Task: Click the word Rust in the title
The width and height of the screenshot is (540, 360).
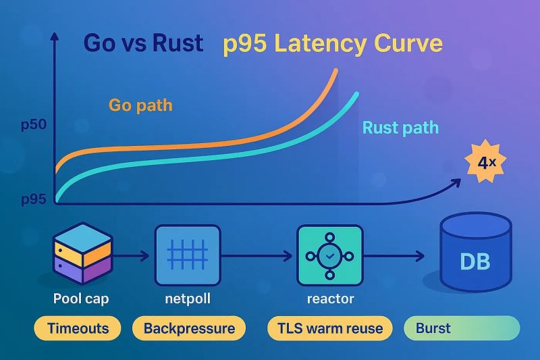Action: coord(169,43)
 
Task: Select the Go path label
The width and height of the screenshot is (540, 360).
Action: coord(140,105)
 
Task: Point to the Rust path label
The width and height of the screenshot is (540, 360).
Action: coord(400,128)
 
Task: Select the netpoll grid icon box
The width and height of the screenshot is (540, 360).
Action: coord(188,257)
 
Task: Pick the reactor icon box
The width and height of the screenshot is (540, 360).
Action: coord(329,257)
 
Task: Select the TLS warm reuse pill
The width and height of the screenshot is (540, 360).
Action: coord(329,329)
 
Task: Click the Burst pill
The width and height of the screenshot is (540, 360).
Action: coord(462,329)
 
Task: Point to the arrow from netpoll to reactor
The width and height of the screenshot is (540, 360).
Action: coord(259,257)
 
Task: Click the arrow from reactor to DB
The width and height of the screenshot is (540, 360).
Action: coord(394,257)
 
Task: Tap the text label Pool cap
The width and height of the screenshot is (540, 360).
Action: coord(80,298)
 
